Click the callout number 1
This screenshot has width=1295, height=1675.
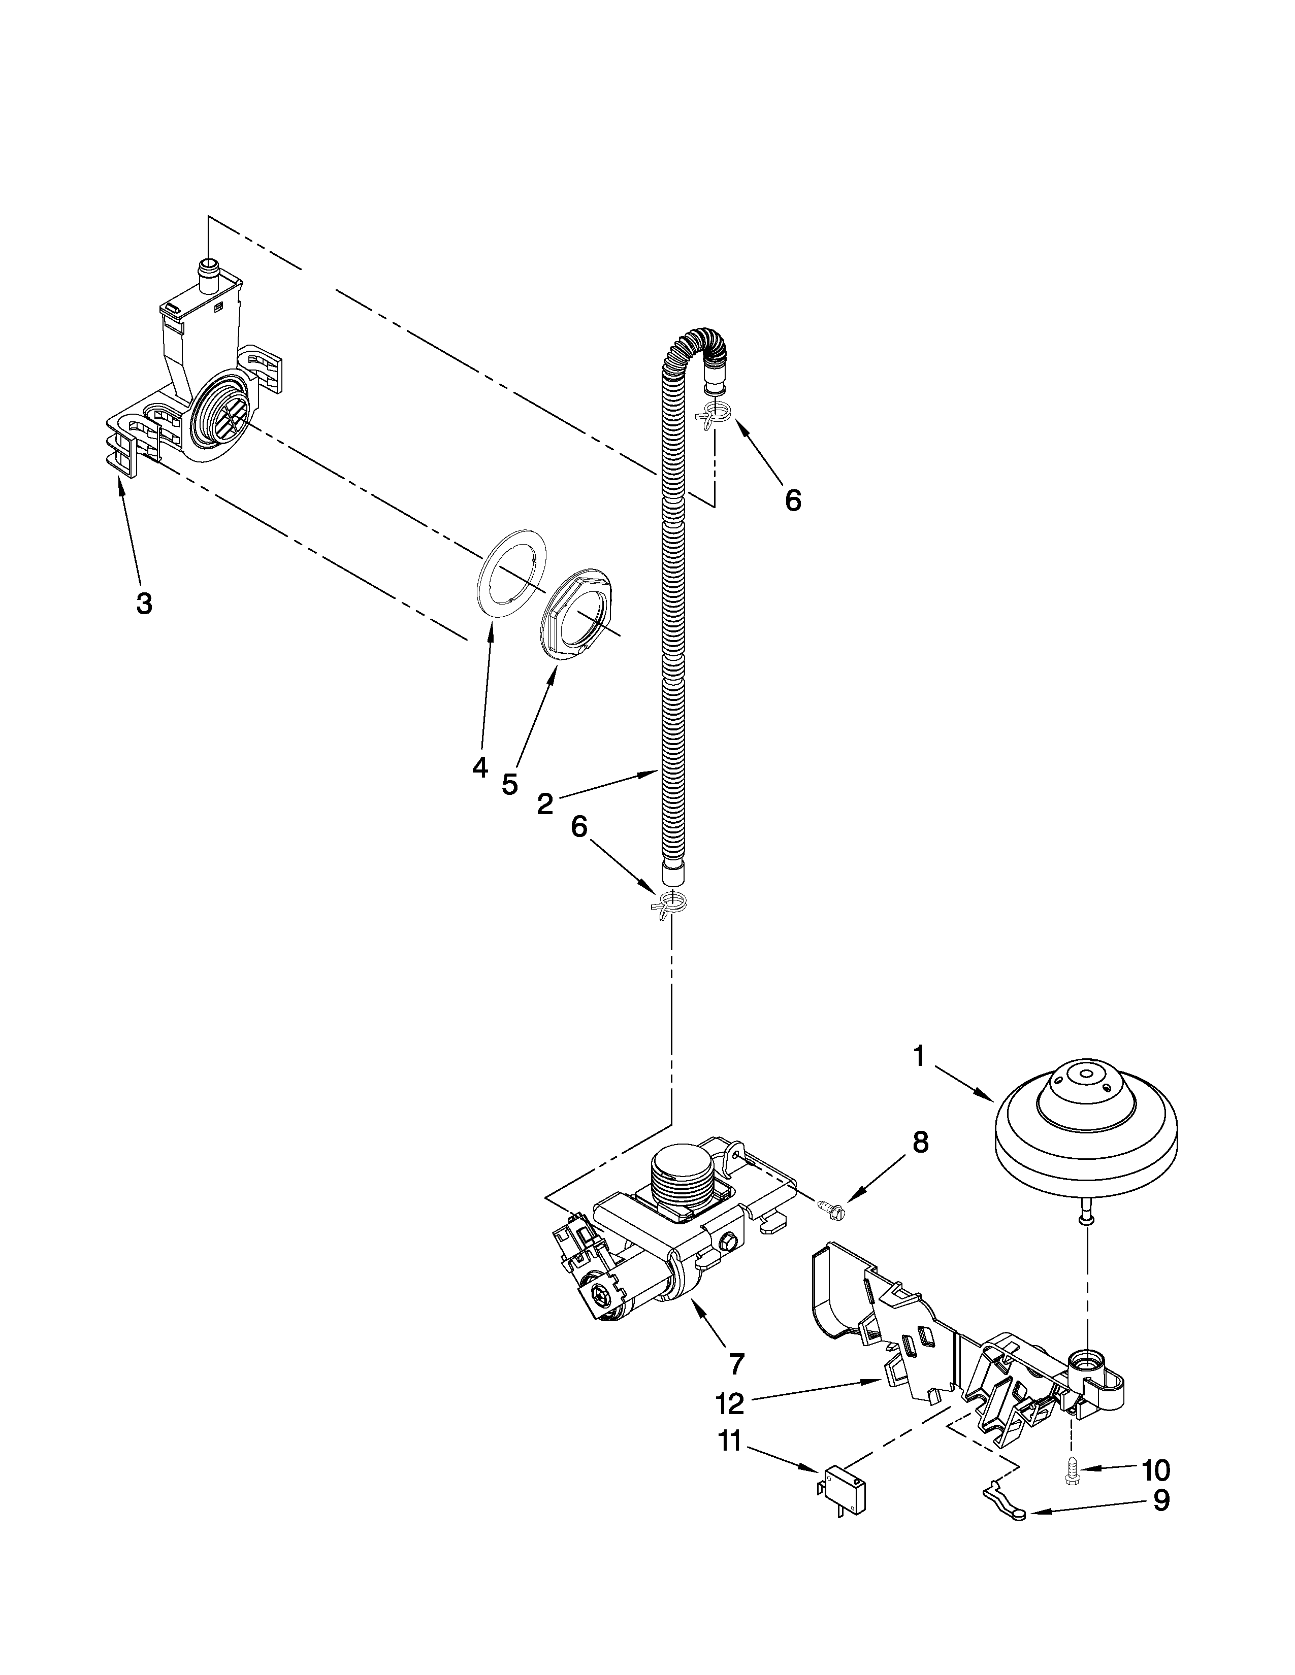[x=919, y=1058]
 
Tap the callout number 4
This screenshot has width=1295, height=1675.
[x=480, y=767]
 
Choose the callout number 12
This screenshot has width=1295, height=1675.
[x=730, y=1404]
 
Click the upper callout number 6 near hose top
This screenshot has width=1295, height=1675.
[x=793, y=500]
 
